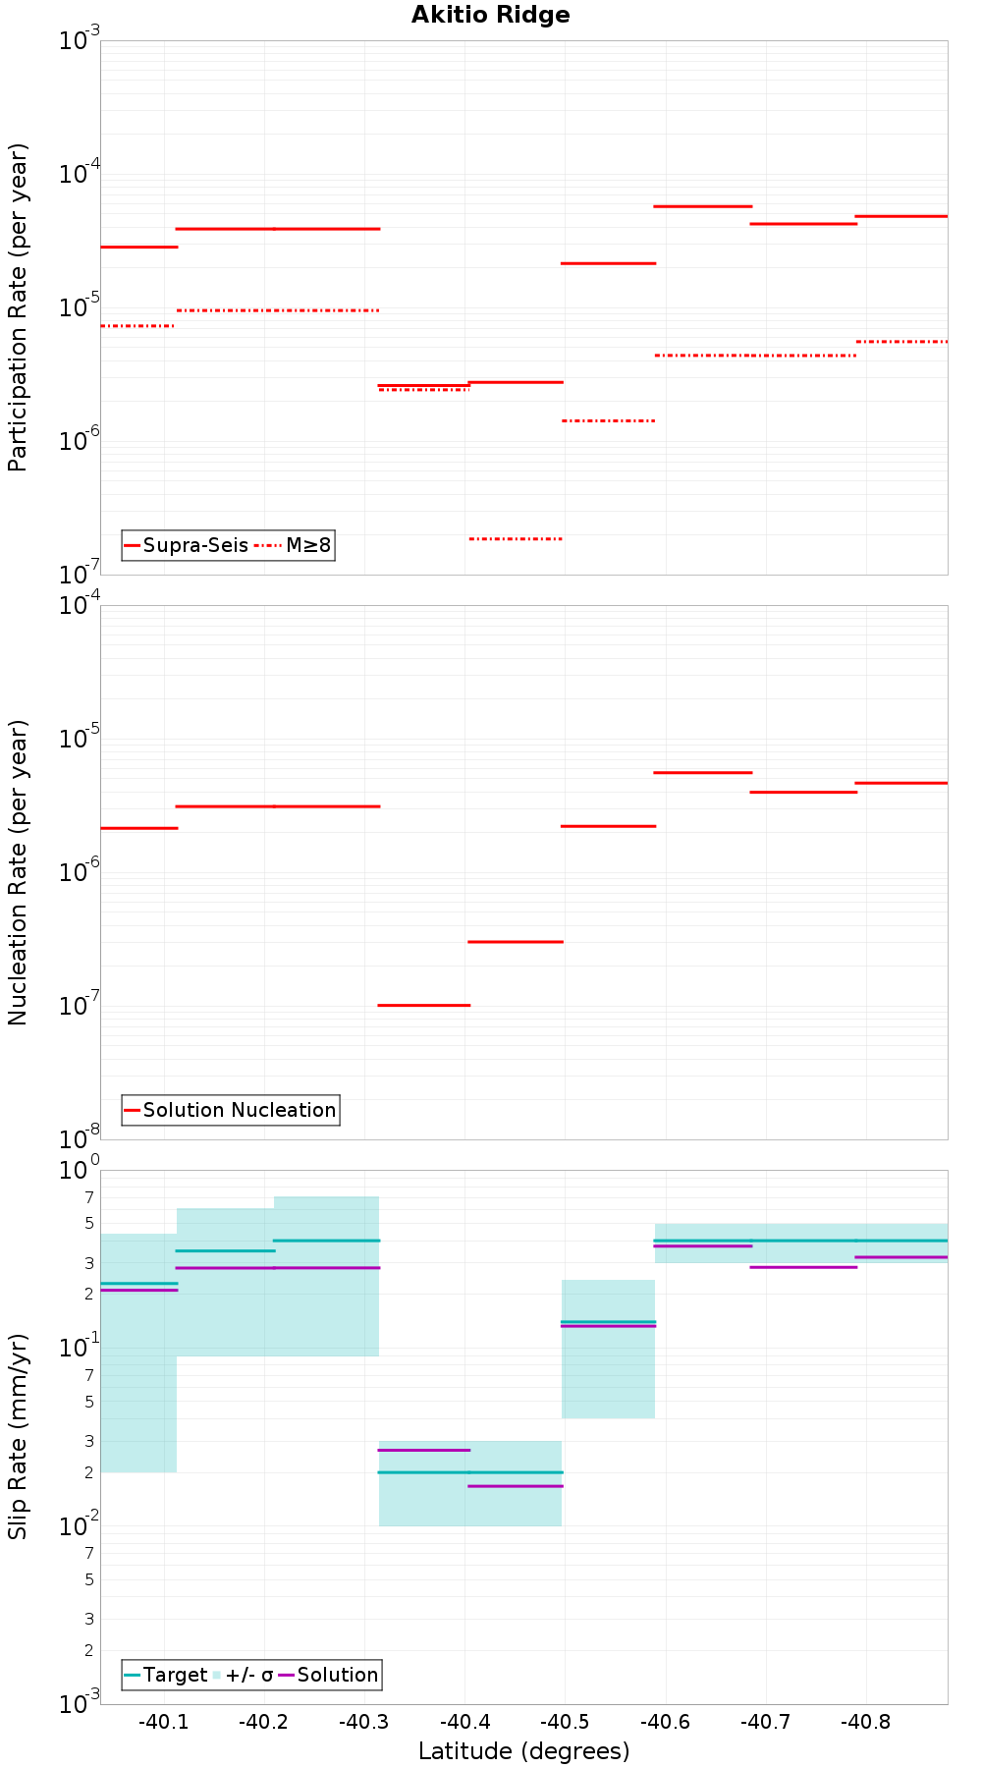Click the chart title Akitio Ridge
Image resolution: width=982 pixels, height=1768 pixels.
click(x=490, y=15)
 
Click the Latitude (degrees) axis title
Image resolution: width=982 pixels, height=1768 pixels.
click(x=523, y=1750)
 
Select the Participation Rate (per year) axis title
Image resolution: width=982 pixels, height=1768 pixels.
click(x=18, y=307)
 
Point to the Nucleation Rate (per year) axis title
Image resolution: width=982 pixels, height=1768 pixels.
click(x=18, y=872)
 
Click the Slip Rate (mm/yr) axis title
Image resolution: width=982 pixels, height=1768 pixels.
click(x=18, y=1436)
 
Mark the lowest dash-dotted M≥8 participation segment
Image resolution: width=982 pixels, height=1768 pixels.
click(x=516, y=538)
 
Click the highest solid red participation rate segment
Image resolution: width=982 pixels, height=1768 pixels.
click(x=703, y=206)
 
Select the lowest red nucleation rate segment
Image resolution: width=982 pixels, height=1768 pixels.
click(x=424, y=1005)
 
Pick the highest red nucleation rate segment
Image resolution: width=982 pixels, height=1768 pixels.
click(x=703, y=772)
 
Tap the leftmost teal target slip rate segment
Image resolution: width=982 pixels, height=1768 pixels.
click(x=138, y=1283)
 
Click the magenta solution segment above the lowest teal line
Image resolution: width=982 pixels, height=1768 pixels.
click(x=424, y=1450)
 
